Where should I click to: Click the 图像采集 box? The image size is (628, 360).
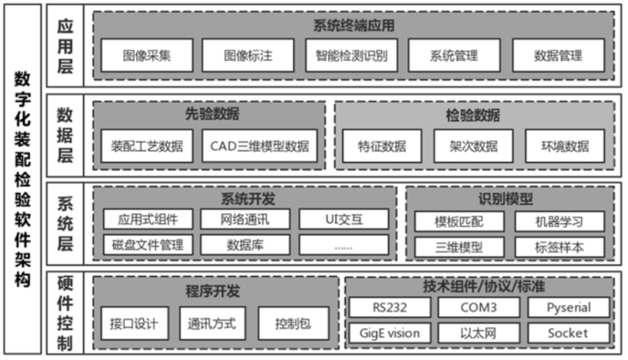(x=147, y=56)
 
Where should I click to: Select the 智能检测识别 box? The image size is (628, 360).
(x=352, y=56)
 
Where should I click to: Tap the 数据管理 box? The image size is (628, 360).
(x=558, y=56)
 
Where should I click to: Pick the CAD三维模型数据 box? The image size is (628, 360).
(x=259, y=147)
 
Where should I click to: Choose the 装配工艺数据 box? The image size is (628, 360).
(x=147, y=147)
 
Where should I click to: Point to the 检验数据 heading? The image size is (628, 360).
(x=474, y=114)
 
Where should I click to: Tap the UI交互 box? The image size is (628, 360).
(x=343, y=219)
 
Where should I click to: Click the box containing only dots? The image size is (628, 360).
(x=343, y=245)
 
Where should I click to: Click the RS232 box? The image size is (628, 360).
(x=389, y=308)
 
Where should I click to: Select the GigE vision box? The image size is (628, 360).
(x=389, y=333)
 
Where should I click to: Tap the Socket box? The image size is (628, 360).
(x=568, y=333)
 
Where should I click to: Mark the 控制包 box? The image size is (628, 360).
(x=292, y=324)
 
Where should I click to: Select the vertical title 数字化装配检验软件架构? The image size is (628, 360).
(x=22, y=180)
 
